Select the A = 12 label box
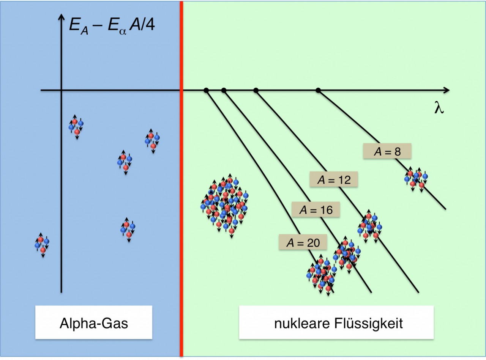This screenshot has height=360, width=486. pos(334,179)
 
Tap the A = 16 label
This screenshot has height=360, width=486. pos(316,210)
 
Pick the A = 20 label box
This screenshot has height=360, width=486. pos(303,242)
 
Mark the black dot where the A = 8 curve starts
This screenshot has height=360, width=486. pos(318,90)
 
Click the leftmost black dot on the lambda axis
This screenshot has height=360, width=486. pos(206,90)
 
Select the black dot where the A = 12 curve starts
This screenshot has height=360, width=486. pos(256,90)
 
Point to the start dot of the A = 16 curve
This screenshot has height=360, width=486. pos(224,90)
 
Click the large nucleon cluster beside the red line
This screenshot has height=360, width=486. pos(224,206)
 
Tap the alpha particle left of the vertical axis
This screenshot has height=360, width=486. pos(42,245)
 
